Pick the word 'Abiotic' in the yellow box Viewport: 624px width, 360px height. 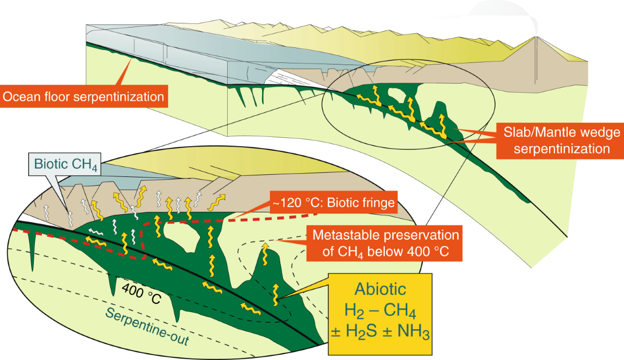(x=381, y=289)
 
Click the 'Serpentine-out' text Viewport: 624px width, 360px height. (x=146, y=329)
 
